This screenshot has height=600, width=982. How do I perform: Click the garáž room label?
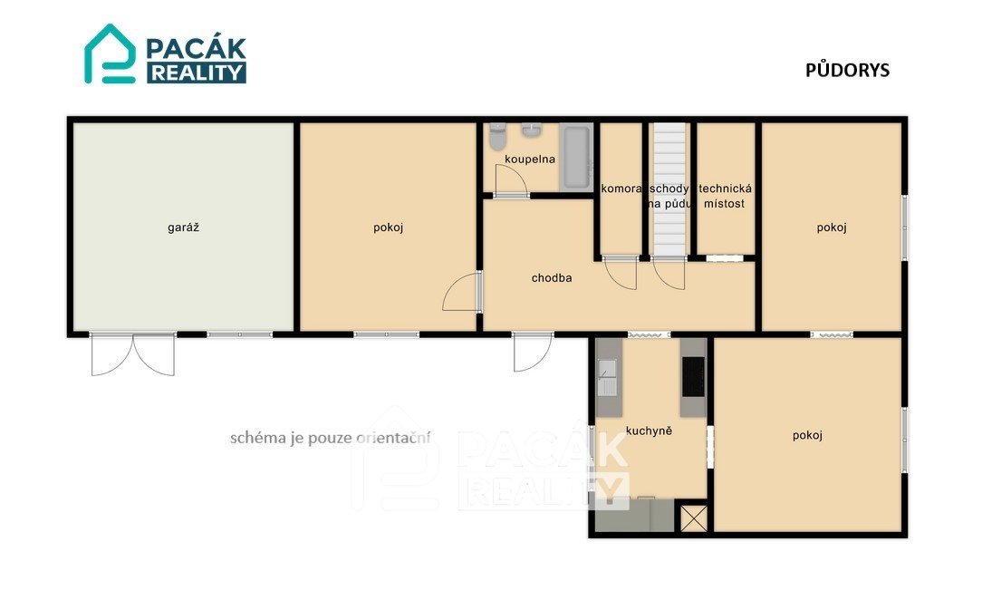tap(184, 228)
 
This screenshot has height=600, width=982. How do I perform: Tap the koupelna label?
tap(530, 160)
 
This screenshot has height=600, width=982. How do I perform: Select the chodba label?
tap(552, 278)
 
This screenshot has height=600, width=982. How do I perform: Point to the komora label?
tap(621, 189)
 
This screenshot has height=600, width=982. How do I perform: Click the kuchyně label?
tap(649, 431)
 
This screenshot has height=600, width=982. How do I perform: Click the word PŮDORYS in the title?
tap(847, 70)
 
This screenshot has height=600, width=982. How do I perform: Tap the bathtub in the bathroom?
tap(576, 157)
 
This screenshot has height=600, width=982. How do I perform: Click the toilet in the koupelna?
tap(498, 137)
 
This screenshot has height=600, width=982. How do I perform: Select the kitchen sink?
tap(607, 378)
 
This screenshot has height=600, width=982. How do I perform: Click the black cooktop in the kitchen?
tap(693, 376)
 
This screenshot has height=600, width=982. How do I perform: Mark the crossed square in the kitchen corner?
tap(694, 518)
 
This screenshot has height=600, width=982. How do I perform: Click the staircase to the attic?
tap(669, 189)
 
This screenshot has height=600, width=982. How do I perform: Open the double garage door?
tap(133, 354)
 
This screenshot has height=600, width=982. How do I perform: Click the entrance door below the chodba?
tap(533, 352)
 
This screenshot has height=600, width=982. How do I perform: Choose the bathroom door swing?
tap(510, 180)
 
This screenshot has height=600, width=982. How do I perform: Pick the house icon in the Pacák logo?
tap(110, 53)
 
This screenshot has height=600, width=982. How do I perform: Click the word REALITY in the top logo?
tap(197, 73)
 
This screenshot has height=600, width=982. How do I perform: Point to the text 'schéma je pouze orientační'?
tap(331, 438)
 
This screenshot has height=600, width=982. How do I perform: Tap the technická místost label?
tap(726, 196)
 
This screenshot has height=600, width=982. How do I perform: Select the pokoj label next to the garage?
tap(389, 228)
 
